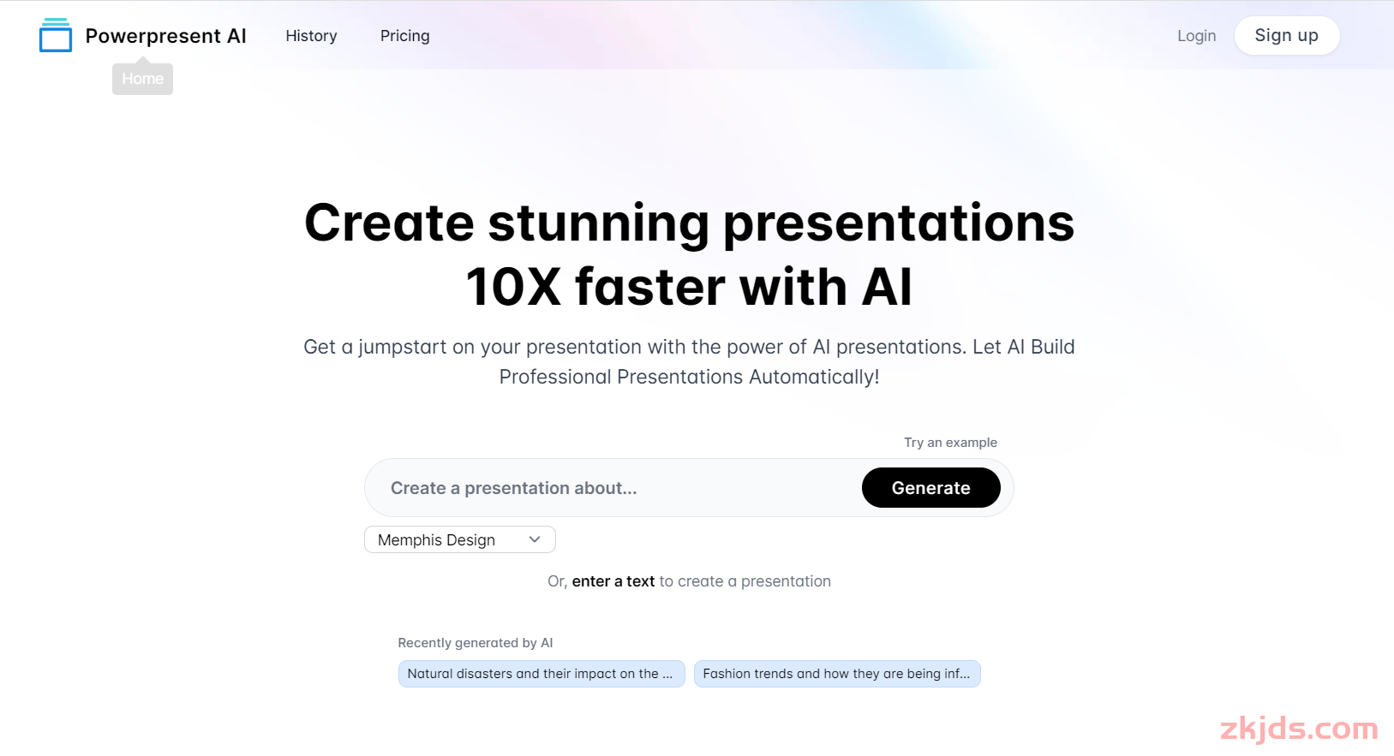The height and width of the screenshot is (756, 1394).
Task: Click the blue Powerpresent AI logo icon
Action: (56, 35)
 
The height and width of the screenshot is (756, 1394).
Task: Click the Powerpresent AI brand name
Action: (165, 36)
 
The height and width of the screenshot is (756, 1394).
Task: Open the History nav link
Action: (311, 36)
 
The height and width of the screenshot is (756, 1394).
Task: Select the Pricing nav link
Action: (404, 36)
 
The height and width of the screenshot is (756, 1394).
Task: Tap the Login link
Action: (1196, 36)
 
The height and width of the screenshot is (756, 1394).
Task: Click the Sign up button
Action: (1286, 35)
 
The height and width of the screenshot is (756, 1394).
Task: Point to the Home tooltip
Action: (142, 78)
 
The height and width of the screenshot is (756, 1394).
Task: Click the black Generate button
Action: (931, 487)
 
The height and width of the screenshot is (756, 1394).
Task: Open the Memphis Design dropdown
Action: (460, 539)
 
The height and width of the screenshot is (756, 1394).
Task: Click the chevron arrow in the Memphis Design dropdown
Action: (535, 539)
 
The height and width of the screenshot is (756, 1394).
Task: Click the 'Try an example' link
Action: (950, 443)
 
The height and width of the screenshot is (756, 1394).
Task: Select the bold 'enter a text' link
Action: (613, 581)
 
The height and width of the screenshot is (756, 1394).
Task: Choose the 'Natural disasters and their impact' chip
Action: (541, 674)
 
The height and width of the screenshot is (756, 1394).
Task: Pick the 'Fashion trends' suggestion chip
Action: (837, 674)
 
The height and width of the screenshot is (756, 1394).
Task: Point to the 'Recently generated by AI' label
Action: (476, 643)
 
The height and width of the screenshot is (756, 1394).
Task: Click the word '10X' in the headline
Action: (513, 287)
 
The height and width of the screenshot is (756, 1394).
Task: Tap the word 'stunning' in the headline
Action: (598, 224)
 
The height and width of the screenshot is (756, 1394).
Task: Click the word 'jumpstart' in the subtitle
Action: (403, 347)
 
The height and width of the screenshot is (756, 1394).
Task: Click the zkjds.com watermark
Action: (1300, 728)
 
